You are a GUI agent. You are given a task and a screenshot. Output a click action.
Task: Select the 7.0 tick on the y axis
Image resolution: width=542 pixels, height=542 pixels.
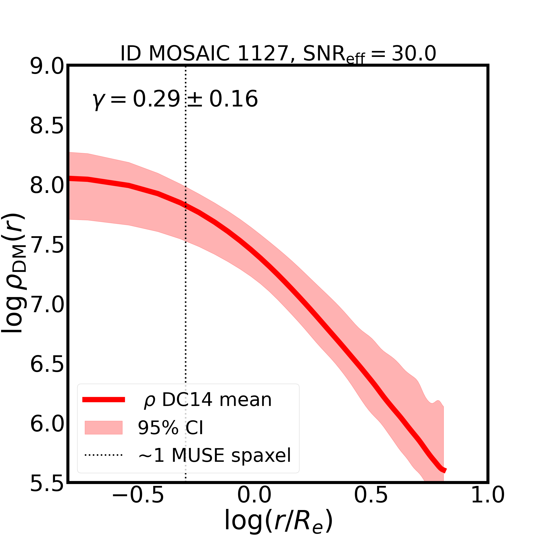coord(47,305)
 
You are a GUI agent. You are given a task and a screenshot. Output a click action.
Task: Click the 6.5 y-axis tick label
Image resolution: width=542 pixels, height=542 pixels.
coord(47,365)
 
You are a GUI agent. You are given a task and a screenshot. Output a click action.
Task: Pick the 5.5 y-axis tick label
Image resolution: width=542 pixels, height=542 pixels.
coord(47,484)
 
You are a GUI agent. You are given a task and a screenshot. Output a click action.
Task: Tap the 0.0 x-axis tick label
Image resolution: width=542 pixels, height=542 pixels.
coord(254,504)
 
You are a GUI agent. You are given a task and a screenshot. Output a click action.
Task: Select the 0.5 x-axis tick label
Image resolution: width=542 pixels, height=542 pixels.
coord(371,504)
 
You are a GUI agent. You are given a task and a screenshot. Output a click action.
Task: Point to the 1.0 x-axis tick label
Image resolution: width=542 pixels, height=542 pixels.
coord(488,504)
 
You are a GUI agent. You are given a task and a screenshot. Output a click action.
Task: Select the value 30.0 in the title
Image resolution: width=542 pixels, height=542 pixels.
coord(414,54)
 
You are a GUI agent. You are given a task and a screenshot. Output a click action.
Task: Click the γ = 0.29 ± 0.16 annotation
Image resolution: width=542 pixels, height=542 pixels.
coord(175,99)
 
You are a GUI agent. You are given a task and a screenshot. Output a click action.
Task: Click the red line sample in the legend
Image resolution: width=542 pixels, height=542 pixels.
coord(104,400)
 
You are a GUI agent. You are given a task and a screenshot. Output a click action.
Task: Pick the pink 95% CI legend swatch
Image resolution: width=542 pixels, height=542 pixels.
coord(104,428)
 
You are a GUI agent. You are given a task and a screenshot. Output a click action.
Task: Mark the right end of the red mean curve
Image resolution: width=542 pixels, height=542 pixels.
coord(445,471)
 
